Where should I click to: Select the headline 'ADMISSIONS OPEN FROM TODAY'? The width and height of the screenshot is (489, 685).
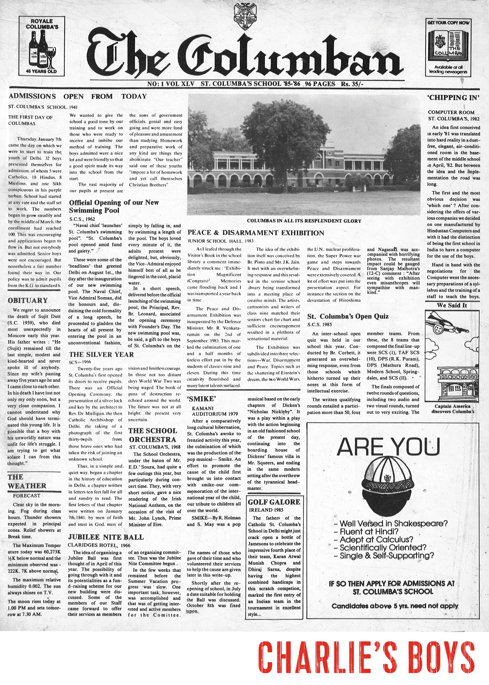[78, 96]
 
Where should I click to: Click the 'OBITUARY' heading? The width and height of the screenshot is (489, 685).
[28, 300]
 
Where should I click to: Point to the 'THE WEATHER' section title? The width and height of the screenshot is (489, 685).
[27, 481]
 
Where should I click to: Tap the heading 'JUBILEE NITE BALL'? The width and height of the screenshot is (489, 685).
[106, 537]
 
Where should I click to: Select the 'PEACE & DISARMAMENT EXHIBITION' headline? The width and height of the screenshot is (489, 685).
[256, 233]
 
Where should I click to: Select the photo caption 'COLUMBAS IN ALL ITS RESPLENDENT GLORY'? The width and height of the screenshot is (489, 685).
[304, 221]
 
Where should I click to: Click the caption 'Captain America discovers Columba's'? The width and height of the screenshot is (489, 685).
[452, 409]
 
